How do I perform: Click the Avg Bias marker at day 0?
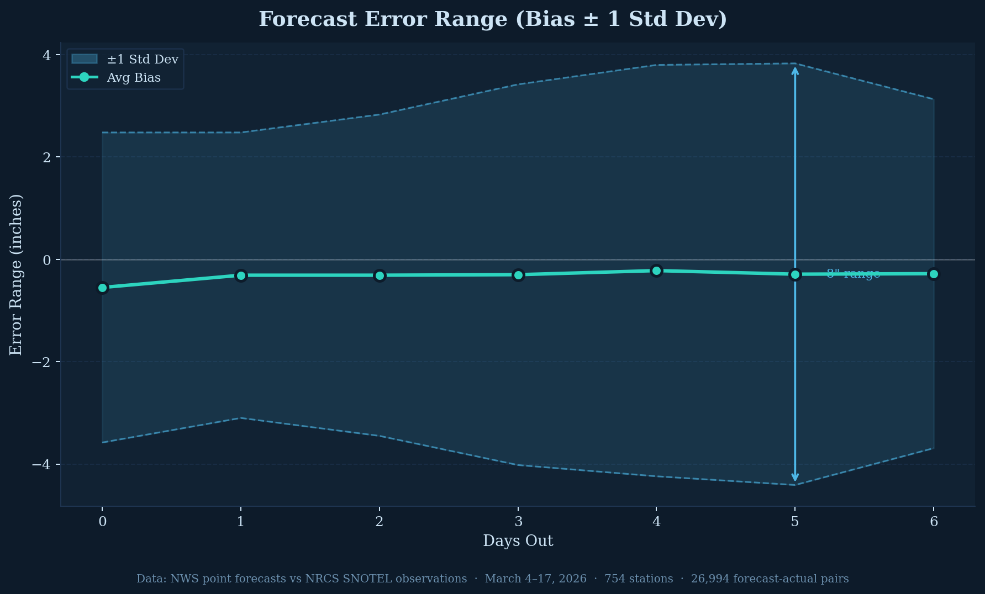(x=102, y=288)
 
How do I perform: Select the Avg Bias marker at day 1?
(x=241, y=275)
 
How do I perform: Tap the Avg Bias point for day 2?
(x=380, y=275)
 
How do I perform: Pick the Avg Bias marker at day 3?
(x=518, y=275)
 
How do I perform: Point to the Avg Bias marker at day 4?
(x=656, y=271)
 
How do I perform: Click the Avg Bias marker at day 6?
(x=934, y=274)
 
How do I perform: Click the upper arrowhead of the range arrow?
(x=795, y=70)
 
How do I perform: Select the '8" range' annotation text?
(x=853, y=274)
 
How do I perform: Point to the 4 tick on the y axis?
(x=46, y=55)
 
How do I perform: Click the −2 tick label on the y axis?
(x=41, y=362)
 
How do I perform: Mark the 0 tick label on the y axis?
(x=46, y=259)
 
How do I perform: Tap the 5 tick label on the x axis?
(x=795, y=521)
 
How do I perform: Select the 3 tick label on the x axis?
(x=518, y=521)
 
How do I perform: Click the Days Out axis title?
(x=518, y=541)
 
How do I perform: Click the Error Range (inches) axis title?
(x=16, y=274)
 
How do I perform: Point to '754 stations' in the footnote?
(x=639, y=579)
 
